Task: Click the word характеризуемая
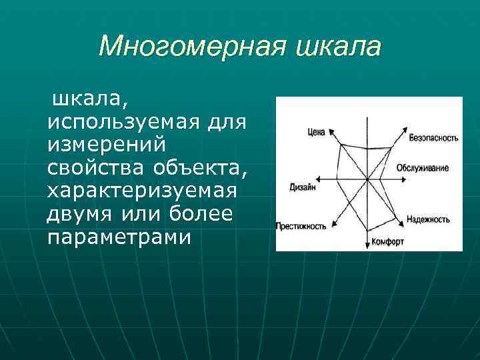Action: (x=142, y=189)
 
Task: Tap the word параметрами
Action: (x=119, y=236)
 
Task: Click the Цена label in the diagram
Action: (x=316, y=132)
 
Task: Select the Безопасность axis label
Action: (x=433, y=138)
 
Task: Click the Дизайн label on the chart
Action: (x=303, y=187)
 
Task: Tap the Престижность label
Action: (x=301, y=226)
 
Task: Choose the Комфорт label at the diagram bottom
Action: (x=387, y=242)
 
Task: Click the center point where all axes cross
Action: (x=367, y=179)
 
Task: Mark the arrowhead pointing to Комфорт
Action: (x=367, y=245)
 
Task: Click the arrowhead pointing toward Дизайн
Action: (x=320, y=179)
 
